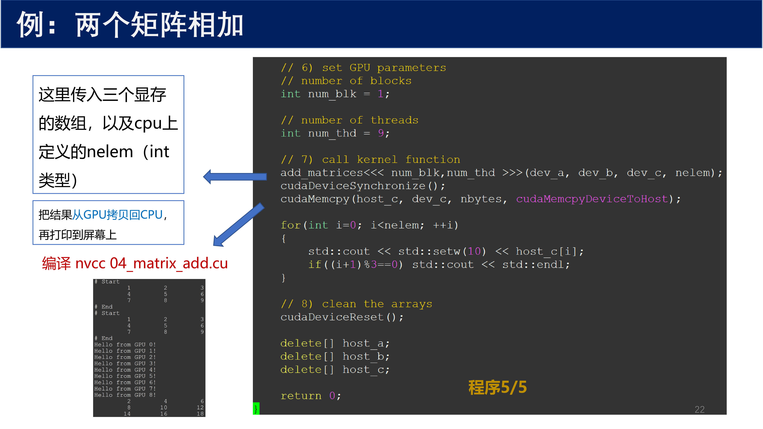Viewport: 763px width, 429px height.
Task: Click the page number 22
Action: click(x=700, y=409)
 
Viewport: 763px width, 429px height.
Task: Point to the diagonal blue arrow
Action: click(x=238, y=225)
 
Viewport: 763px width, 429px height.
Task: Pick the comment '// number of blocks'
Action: click(x=346, y=81)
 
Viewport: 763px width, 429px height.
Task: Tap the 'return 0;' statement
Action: click(x=311, y=396)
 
